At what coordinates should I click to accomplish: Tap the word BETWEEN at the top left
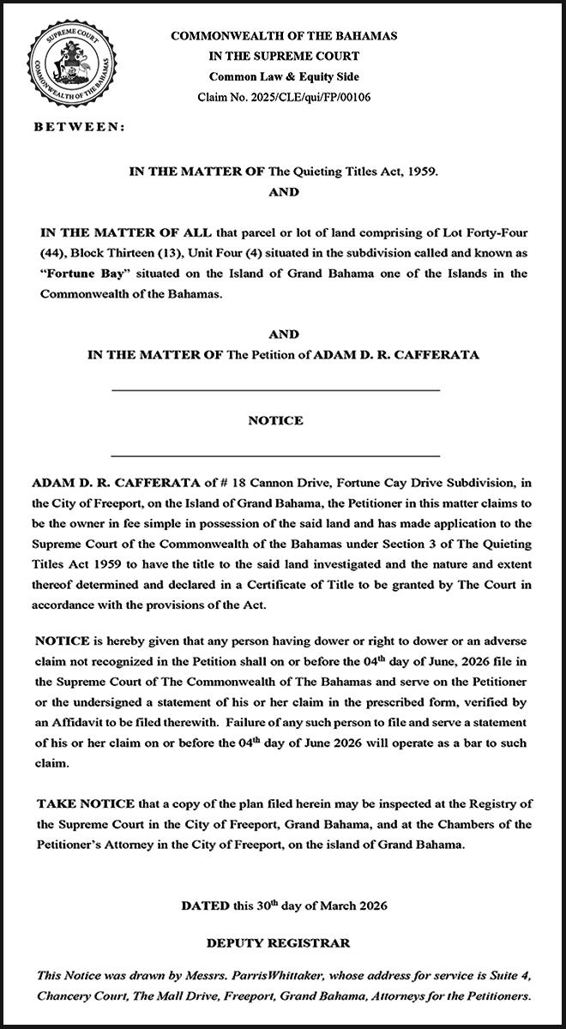point(79,127)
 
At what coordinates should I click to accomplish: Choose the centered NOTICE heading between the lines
point(275,421)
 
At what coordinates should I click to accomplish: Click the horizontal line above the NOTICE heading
point(275,391)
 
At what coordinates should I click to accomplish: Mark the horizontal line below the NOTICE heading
point(275,455)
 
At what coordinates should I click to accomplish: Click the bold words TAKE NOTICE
point(85,803)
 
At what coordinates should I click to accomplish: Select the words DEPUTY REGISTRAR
point(278,944)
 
